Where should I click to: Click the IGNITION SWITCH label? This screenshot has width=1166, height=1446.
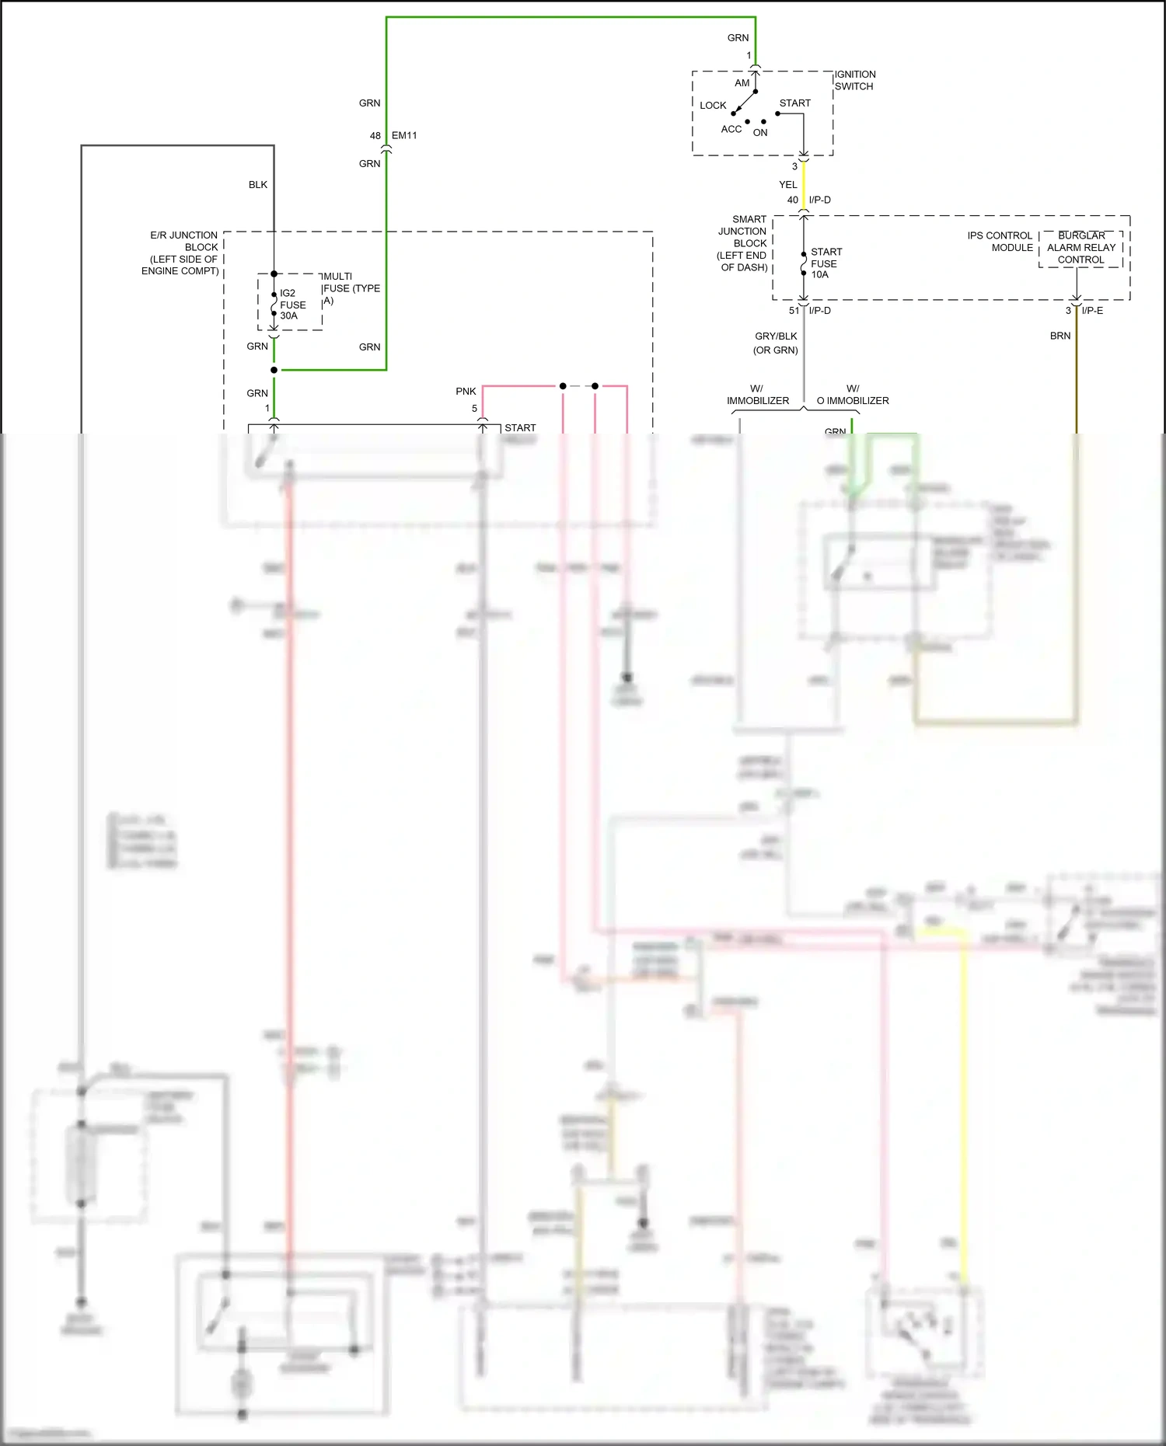855,80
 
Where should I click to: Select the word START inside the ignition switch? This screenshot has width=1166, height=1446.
794,103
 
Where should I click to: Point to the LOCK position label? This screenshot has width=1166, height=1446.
712,106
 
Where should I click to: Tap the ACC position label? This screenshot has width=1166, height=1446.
731,130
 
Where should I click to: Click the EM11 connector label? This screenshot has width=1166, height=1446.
404,136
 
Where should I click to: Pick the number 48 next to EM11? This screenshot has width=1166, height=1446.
375,136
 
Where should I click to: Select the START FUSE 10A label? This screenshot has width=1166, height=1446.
825,263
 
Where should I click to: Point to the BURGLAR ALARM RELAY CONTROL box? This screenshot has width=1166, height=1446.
1080,248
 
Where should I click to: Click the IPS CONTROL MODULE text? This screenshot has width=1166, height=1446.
1000,242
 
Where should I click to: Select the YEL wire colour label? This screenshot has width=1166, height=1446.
787,185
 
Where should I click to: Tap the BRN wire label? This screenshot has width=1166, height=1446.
1060,336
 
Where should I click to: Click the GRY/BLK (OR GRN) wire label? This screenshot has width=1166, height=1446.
776,343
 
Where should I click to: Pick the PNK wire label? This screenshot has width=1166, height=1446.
466,392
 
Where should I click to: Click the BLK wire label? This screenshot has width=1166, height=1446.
257,185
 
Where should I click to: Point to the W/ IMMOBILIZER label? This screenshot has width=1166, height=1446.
757,395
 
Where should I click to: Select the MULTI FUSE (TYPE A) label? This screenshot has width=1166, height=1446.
351,288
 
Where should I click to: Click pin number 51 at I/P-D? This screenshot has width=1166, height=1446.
794,311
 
